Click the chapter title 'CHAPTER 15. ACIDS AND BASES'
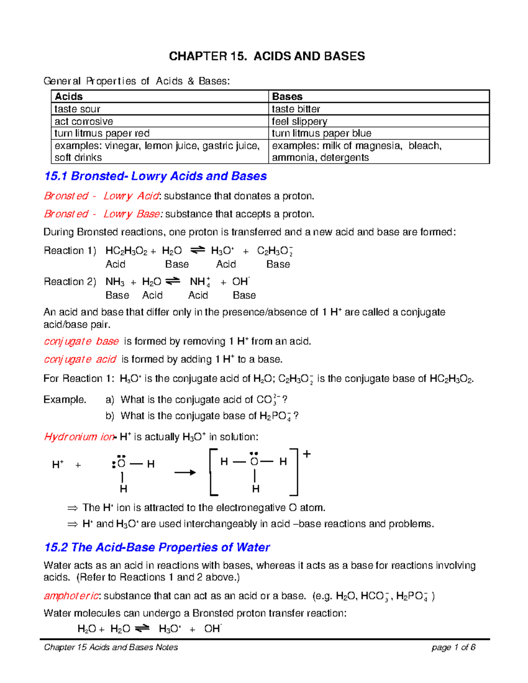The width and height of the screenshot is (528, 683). tap(267, 56)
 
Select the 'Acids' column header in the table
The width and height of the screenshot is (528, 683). tap(69, 96)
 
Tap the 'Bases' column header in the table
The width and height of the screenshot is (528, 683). tap(287, 96)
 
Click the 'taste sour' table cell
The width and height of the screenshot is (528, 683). tap(77, 109)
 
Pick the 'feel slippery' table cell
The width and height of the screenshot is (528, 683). tap(299, 121)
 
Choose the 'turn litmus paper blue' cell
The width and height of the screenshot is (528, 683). tap(321, 133)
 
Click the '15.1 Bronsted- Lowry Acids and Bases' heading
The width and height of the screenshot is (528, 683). tap(155, 176)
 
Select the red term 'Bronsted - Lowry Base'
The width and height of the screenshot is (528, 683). tap(102, 214)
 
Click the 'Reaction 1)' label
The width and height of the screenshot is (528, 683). tap(70, 251)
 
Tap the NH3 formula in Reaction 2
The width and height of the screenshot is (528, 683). tap(115, 282)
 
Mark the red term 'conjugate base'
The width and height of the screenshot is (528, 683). tap(81, 341)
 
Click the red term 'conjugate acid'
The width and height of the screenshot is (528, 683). tap(80, 359)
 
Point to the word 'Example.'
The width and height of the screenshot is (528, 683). tap(65, 400)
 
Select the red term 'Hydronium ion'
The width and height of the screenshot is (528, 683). tap(79, 437)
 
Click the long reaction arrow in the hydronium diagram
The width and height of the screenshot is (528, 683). tap(185, 473)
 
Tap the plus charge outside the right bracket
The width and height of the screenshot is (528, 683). tap(307, 454)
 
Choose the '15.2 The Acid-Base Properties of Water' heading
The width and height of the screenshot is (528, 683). tap(157, 547)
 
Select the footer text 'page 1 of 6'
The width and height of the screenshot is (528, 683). tap(453, 647)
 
